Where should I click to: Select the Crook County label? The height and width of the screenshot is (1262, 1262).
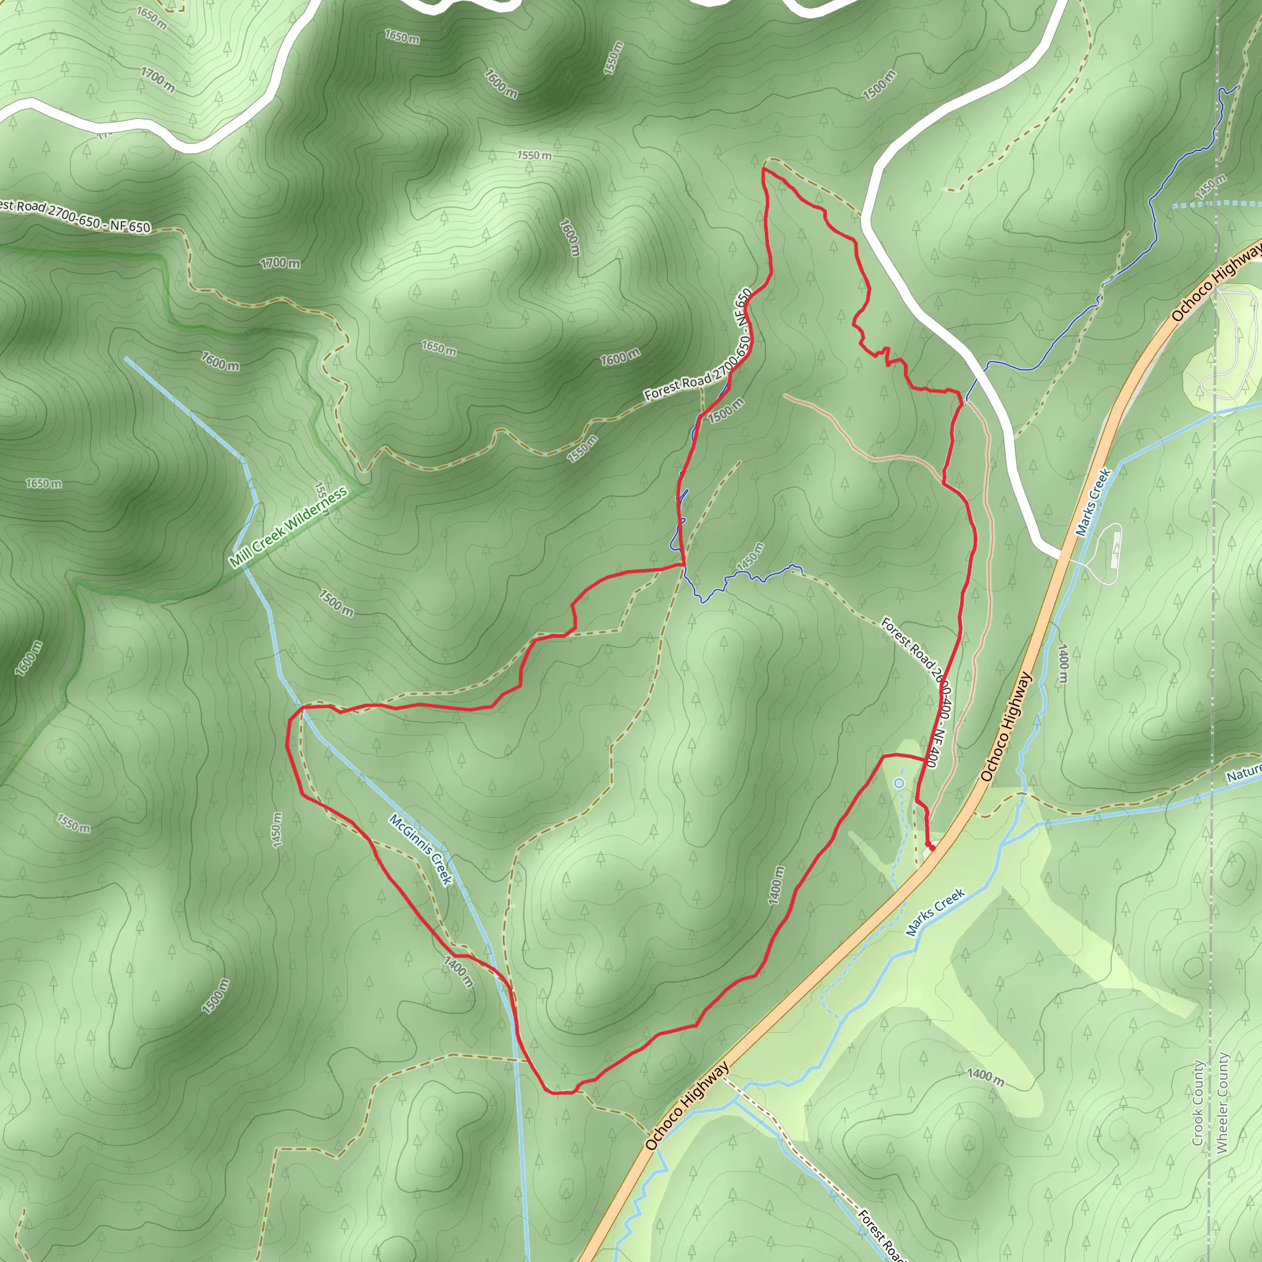coord(1197,1102)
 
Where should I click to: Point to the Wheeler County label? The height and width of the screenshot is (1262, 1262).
coord(1221,1102)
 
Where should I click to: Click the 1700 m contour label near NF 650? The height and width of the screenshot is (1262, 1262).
coord(280,263)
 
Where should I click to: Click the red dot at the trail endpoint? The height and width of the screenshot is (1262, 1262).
coord(932,848)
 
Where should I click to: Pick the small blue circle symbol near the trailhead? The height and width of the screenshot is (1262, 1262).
coord(900,783)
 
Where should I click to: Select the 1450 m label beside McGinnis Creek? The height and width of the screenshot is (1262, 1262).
coord(277,830)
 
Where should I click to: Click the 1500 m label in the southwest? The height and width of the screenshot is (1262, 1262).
coord(216,996)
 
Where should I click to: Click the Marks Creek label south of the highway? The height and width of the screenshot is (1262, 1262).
coord(935,912)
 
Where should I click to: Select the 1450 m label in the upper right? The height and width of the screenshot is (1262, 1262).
coord(1210,187)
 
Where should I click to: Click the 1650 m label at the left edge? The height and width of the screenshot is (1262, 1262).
coord(44,483)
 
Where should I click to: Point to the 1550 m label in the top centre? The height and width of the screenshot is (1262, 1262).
coord(534,155)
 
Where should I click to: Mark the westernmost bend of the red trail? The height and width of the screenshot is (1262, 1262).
coord(287,744)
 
